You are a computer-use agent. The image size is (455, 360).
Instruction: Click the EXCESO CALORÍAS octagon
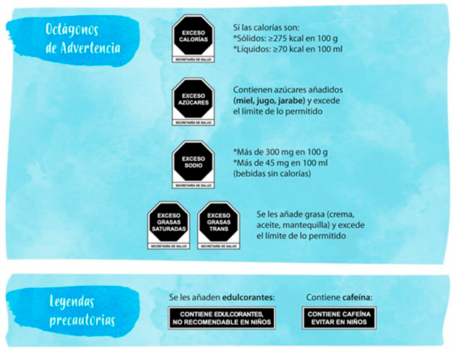click(194, 35)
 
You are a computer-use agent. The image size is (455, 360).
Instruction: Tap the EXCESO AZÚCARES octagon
click(194, 100)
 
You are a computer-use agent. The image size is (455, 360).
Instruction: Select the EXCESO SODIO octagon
click(194, 162)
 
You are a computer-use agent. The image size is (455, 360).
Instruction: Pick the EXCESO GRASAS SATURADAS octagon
click(168, 222)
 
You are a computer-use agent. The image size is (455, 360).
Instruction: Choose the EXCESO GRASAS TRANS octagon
click(218, 222)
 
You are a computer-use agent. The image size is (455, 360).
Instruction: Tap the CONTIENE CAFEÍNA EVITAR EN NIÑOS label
click(339, 318)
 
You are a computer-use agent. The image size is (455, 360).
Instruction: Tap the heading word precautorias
click(82, 320)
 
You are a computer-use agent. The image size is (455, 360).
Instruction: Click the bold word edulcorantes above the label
click(251, 297)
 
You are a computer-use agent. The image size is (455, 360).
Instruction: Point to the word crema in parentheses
click(342, 214)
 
